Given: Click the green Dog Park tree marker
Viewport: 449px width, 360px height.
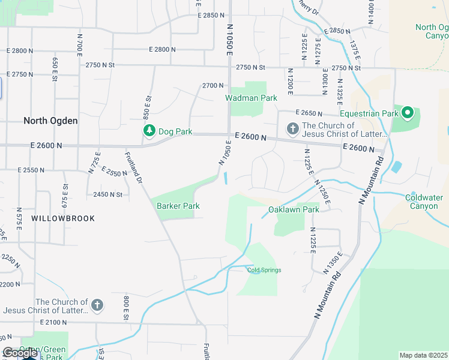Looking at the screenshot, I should [x=148, y=130].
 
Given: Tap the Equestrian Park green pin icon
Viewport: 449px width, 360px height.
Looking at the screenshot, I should [x=407, y=113].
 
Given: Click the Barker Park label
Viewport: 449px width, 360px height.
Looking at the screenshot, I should [x=178, y=206].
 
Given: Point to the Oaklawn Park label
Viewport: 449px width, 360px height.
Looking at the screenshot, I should [x=294, y=209].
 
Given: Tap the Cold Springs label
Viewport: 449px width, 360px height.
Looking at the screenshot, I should [x=264, y=270].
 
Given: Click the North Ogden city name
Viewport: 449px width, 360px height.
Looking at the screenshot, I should [x=50, y=121].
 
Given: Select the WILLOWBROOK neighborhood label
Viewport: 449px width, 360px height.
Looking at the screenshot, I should [x=63, y=218].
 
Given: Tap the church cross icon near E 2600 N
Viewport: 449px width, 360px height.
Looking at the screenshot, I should [x=292, y=128].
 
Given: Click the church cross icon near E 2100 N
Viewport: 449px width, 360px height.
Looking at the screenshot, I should [x=97, y=305].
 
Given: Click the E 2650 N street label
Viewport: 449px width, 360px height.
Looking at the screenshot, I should [x=309, y=113].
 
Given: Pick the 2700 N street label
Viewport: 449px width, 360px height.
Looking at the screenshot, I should [x=212, y=86].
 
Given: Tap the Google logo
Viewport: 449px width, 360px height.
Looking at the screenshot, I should [x=20, y=353].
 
